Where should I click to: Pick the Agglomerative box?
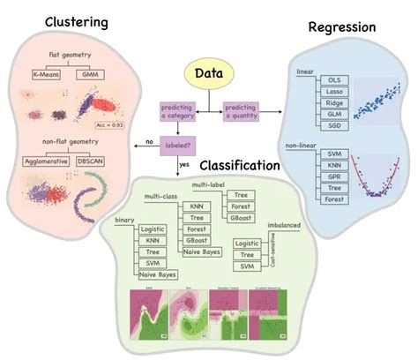[x=44, y=161]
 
